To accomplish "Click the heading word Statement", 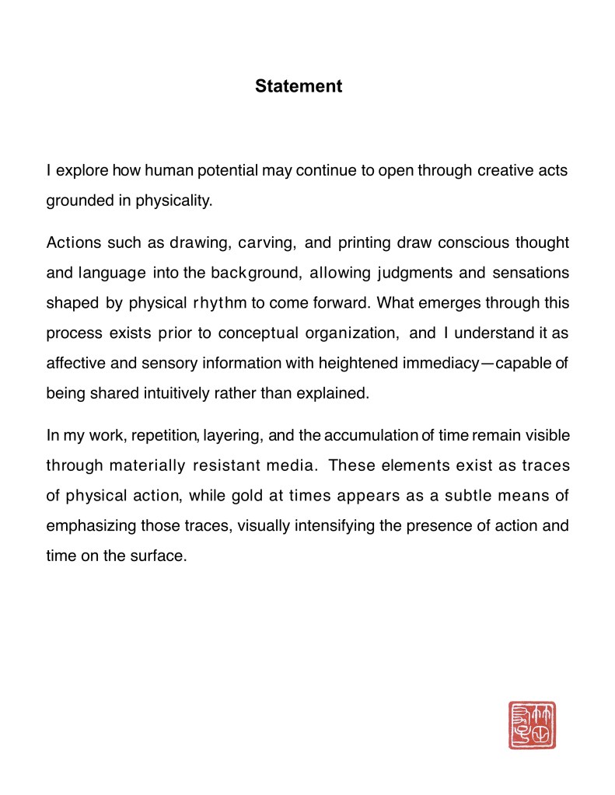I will point(299,86).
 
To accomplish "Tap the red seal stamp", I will point(532,725).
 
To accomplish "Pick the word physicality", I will point(173,200).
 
